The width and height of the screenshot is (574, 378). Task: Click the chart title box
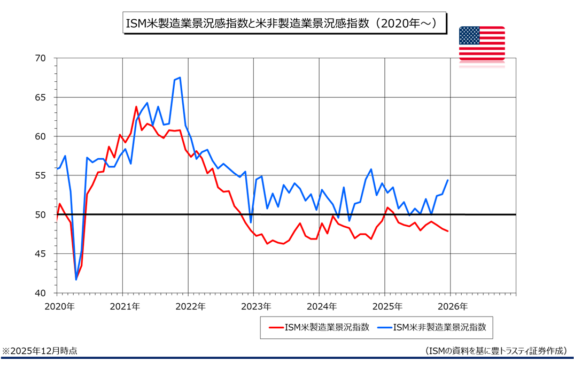[284, 24]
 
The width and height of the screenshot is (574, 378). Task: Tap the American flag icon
[482, 42]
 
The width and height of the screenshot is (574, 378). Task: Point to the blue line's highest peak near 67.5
[180, 78]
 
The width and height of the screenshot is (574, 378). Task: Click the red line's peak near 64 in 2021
[136, 107]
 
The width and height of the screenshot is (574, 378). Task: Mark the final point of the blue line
[447, 180]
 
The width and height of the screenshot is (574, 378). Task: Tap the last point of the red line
[447, 231]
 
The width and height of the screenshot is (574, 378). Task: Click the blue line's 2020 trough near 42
[76, 279]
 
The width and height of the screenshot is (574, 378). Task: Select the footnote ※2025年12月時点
[40, 351]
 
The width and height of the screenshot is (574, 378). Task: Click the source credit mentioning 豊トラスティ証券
[495, 351]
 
